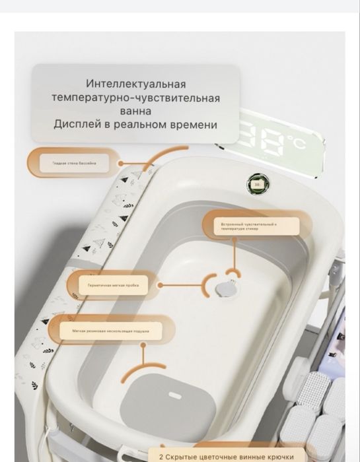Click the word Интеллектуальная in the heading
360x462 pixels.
click(135, 84)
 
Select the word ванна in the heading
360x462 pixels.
click(135, 111)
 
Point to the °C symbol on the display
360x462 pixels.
click(295, 141)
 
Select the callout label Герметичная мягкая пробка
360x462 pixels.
click(113, 285)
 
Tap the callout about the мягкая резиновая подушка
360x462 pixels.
click(110, 330)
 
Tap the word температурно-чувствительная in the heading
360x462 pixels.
click(135, 98)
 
